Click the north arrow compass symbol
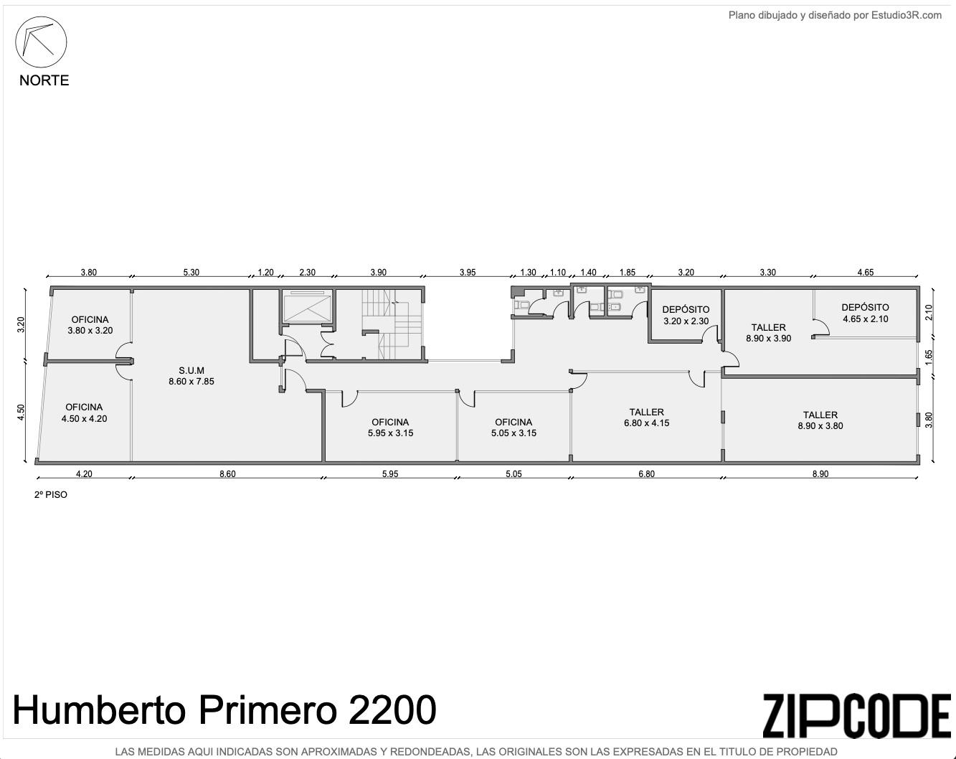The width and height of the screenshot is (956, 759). [41, 42]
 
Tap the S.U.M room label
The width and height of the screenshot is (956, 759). [191, 376]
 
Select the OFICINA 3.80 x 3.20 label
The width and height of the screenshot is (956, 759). [90, 325]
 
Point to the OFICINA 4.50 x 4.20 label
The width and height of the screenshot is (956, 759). [85, 412]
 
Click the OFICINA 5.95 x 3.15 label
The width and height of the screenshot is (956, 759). [390, 428]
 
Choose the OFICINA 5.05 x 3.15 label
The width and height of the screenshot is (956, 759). [514, 428]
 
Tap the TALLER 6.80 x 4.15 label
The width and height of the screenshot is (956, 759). [646, 418]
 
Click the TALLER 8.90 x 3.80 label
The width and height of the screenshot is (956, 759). [820, 420]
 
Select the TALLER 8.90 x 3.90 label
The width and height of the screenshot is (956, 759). [769, 333]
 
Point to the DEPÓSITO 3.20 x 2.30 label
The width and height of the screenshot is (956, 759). [686, 315]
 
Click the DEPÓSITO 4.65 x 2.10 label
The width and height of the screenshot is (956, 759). [866, 313]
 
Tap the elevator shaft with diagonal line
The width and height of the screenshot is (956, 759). [308, 306]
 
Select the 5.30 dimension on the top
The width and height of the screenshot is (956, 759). [191, 272]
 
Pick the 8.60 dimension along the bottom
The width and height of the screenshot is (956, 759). [227, 473]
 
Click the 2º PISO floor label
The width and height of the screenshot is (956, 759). [51, 494]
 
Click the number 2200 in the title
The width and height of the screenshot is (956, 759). [392, 710]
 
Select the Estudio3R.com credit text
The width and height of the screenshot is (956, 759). [907, 15]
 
